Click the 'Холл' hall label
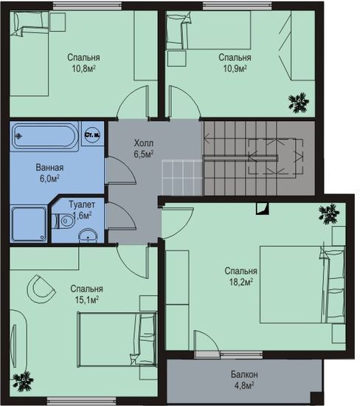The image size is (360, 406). [143, 143]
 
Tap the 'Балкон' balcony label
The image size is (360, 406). [244, 374]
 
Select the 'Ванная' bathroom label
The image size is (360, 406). [49, 168]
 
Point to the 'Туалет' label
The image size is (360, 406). [82, 204]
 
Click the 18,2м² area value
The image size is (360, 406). [241, 282]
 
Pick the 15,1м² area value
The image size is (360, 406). [87, 300]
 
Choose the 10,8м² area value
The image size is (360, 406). [84, 69]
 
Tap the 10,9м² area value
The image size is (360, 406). [235, 69]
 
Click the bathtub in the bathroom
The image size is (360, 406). [45, 137]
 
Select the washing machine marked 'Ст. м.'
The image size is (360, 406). [93, 134]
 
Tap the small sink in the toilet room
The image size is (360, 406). [88, 236]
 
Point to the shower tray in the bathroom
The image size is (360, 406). [29, 224]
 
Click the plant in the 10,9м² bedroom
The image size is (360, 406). [299, 103]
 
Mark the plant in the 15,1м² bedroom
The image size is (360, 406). [23, 381]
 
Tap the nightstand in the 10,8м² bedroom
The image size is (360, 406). [58, 22]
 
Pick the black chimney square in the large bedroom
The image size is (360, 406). [262, 209]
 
